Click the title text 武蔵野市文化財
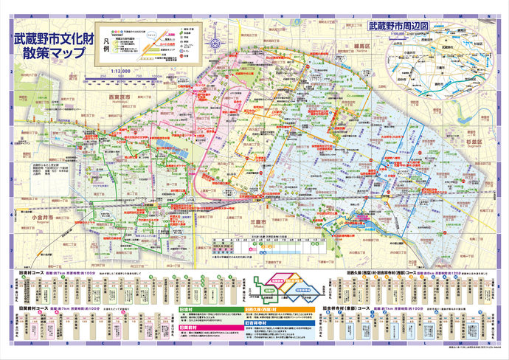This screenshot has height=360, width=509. coord(50,38)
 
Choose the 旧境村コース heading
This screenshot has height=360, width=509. coord(28,271)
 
